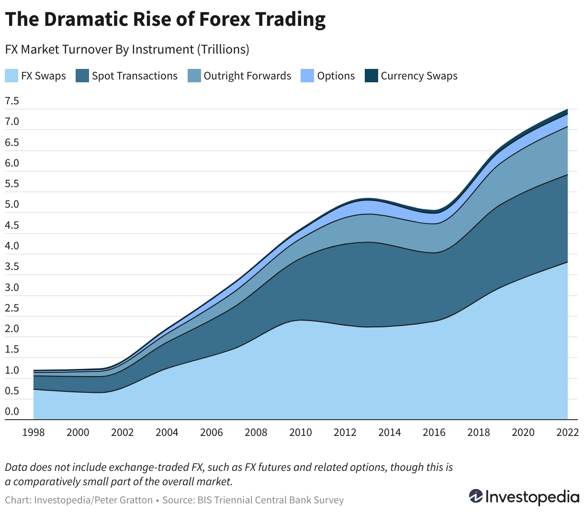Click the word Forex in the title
[225, 19]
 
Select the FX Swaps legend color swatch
[11, 76]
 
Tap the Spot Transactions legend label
[135, 76]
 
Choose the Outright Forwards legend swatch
[194, 76]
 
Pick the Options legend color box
[307, 76]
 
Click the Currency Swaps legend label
[419, 76]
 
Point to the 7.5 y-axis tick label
[12, 101]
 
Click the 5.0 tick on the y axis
[12, 204]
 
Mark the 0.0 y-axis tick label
[12, 411]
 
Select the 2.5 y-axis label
[12, 308]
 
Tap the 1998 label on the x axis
[34, 432]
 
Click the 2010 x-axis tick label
[300, 432]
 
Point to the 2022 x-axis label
[567, 432]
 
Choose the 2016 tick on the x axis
[434, 432]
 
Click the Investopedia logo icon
[476, 496]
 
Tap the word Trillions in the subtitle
[223, 49]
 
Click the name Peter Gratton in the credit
[124, 500]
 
